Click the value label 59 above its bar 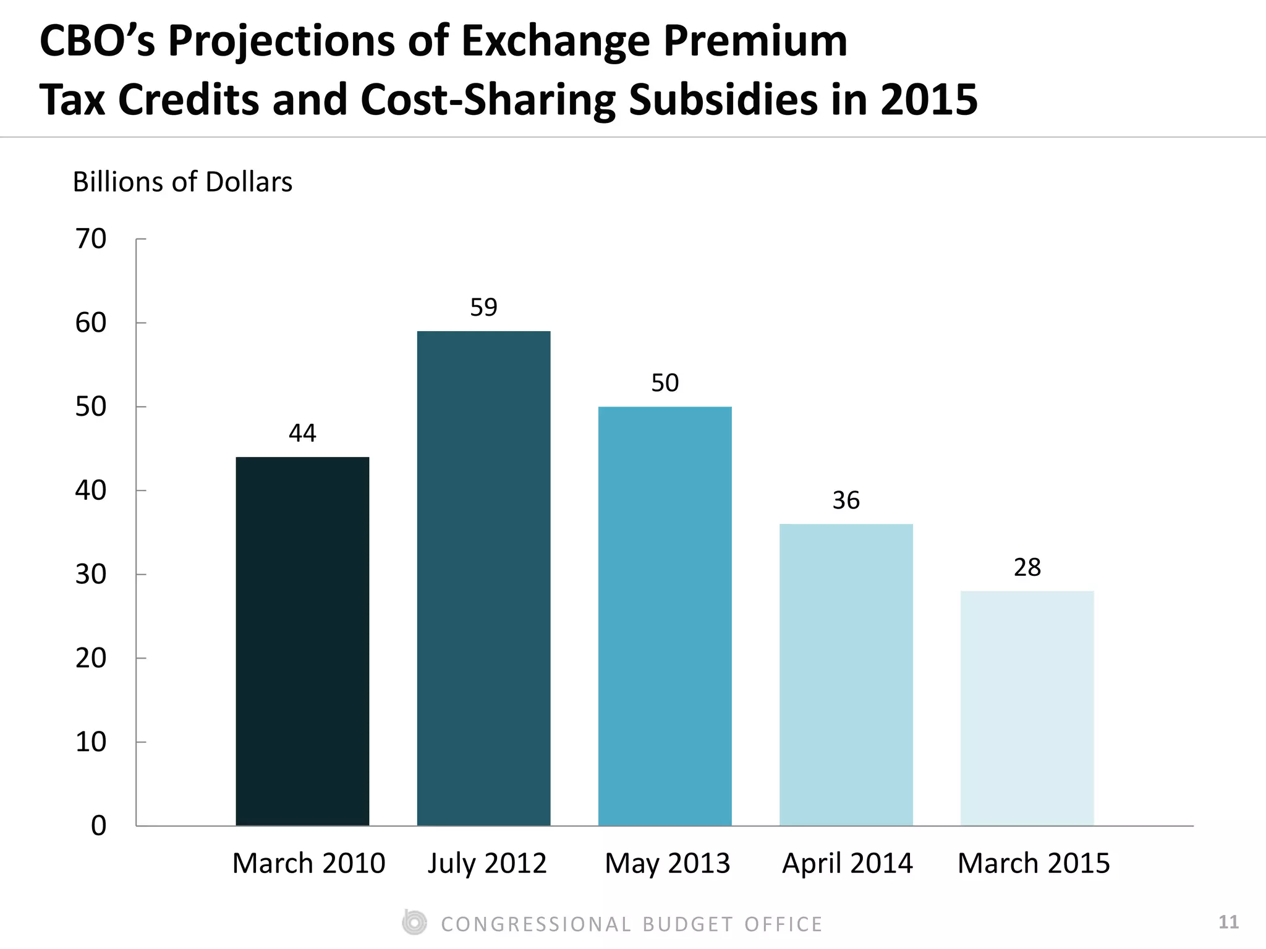(483, 308)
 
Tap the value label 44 (302, 434)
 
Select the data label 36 (846, 500)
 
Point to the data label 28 (1027, 567)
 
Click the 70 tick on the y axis (91, 239)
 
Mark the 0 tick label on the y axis (98, 826)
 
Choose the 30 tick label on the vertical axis (91, 575)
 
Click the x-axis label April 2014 (847, 863)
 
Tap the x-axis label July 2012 (487, 863)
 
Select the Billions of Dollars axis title (182, 182)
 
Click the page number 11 (1228, 922)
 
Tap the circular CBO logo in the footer (414, 923)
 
